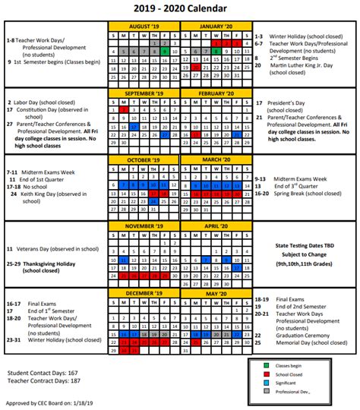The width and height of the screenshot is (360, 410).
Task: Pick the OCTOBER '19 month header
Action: tap(144, 160)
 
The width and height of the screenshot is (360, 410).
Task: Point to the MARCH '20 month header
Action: tap(215, 160)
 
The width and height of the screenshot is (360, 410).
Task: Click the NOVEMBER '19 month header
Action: tap(144, 226)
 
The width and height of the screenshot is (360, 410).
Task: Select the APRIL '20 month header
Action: tap(215, 226)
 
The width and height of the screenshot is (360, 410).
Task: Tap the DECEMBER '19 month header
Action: tap(144, 292)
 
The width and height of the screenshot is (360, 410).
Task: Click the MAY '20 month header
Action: tap(215, 292)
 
